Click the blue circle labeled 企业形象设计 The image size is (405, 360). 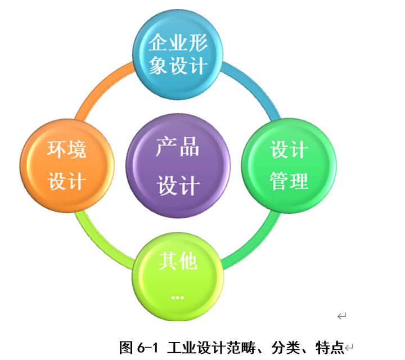click(178, 53)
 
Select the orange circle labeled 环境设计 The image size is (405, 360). click(66, 165)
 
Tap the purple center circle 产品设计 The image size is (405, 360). click(178, 165)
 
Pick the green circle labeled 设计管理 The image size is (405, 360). click(289, 165)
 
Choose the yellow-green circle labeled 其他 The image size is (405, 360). click(178, 276)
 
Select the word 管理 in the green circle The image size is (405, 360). click(289, 181)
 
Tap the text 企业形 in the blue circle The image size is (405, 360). click(178, 42)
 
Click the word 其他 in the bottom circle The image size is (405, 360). click(178, 260)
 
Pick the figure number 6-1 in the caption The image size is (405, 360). click(148, 348)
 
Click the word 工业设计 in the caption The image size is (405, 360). click(191, 348)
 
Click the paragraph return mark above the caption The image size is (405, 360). click(341, 316)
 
